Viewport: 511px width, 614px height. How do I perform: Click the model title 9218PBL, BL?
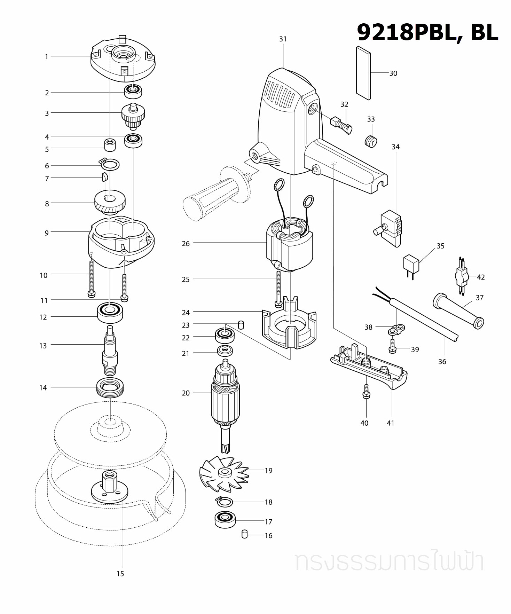(x=427, y=32)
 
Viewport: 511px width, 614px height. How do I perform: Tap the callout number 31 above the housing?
(x=283, y=39)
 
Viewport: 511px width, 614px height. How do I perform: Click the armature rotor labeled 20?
(x=225, y=397)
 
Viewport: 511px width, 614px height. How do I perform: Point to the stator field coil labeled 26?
(x=289, y=245)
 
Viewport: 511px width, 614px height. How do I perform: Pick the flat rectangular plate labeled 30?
(x=363, y=73)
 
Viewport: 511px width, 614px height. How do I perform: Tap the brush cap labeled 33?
(x=371, y=141)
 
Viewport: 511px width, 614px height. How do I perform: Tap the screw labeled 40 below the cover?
(x=366, y=392)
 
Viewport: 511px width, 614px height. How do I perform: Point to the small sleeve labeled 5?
(x=110, y=144)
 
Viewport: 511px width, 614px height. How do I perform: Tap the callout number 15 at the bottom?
(x=120, y=574)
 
